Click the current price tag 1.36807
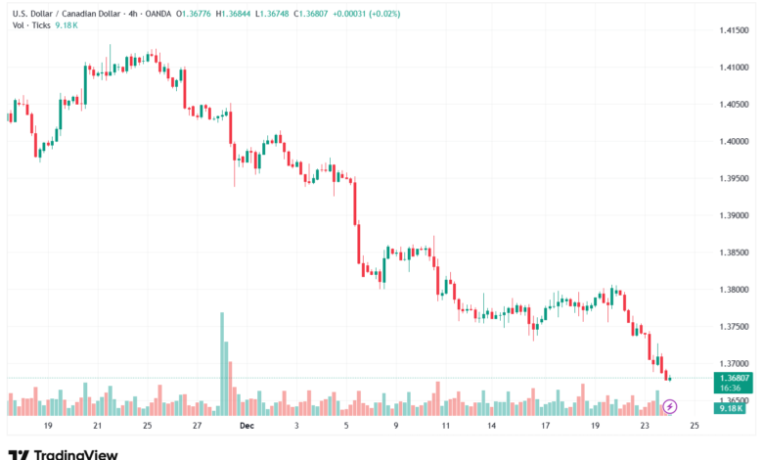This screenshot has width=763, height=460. [734, 378]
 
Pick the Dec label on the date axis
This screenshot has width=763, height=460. [247, 427]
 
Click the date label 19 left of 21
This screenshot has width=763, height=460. [47, 427]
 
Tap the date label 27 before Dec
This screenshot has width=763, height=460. [197, 427]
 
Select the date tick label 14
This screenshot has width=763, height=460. [491, 427]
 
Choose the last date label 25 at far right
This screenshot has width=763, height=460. [694, 427]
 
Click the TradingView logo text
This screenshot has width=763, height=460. [76, 454]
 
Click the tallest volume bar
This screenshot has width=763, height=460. [222, 362]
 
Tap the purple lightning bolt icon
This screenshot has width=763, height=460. [670, 405]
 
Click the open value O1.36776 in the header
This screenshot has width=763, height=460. [187, 14]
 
